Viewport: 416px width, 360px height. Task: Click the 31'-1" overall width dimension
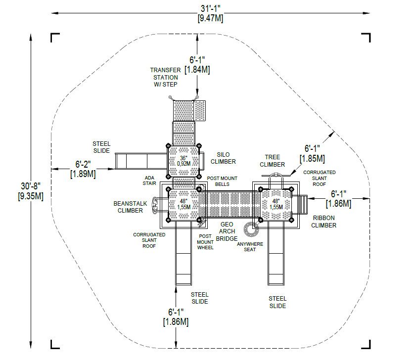(210, 13)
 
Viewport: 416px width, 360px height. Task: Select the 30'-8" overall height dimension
(31, 191)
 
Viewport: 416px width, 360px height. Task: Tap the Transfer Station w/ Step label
(165, 77)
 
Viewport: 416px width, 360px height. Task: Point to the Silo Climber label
(223, 158)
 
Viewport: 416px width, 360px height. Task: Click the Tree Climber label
(272, 161)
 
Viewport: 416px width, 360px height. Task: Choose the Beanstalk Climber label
(130, 207)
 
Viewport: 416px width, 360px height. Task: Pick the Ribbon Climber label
(324, 222)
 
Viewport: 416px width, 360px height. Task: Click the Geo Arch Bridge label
(227, 231)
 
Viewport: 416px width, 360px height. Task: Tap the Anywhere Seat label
(250, 247)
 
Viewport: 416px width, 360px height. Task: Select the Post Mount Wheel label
(205, 242)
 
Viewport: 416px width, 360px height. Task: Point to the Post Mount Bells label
(222, 181)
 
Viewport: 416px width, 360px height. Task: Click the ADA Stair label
(149, 180)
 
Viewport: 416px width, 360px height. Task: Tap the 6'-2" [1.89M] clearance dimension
(83, 169)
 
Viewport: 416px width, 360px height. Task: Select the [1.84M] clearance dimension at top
(197, 70)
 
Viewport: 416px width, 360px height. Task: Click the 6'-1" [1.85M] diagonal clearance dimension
(312, 153)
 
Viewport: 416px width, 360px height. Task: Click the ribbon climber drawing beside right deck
(300, 205)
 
